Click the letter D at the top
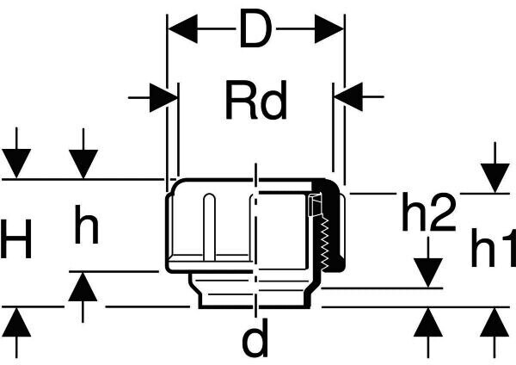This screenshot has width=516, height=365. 255,32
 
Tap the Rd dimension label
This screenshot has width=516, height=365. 255,102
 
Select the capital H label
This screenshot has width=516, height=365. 17,240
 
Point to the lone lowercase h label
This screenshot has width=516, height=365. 85,228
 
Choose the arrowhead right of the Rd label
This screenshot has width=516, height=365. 347,97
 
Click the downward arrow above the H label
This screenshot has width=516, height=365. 16,163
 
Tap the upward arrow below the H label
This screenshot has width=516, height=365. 16,322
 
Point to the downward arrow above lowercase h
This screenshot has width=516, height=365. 83,163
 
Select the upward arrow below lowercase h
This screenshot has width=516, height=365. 83,286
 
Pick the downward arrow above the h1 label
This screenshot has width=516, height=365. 494,176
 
